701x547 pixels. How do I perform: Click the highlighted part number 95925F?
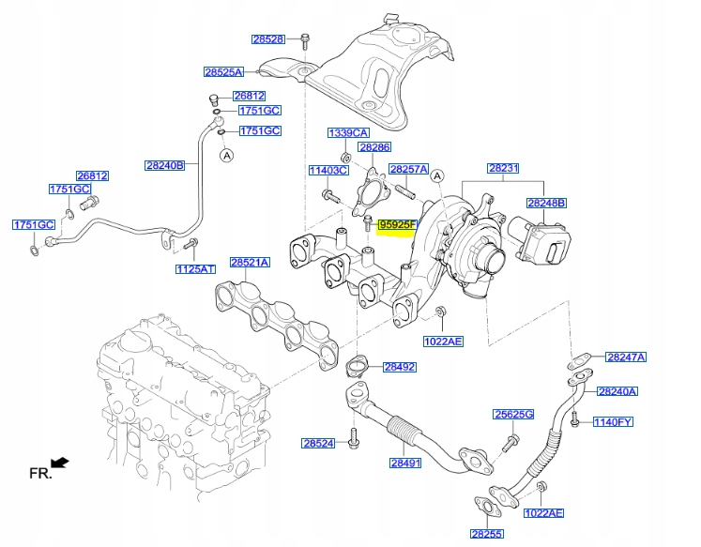coord(396,225)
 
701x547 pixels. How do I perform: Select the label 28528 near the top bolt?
coord(267,39)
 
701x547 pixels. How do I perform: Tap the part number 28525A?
coord(223,71)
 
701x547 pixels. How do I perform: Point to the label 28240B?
coord(164,165)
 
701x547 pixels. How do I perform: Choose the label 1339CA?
coord(347,132)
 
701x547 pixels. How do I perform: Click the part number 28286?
coord(373,147)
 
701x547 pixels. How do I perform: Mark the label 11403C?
coord(328,170)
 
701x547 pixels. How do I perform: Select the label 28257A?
coord(408,169)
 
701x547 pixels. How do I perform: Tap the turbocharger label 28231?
coord(502,169)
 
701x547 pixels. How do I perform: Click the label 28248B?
coord(545,202)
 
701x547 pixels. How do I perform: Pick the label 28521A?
coord(250,263)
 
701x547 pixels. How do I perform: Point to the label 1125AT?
coord(195,269)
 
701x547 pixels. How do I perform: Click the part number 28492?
coord(399,367)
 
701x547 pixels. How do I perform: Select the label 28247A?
coord(626,357)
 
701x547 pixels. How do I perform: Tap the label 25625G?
coord(513,414)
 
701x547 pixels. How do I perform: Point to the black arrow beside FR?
coord(60,462)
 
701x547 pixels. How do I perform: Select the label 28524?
coord(318,443)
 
